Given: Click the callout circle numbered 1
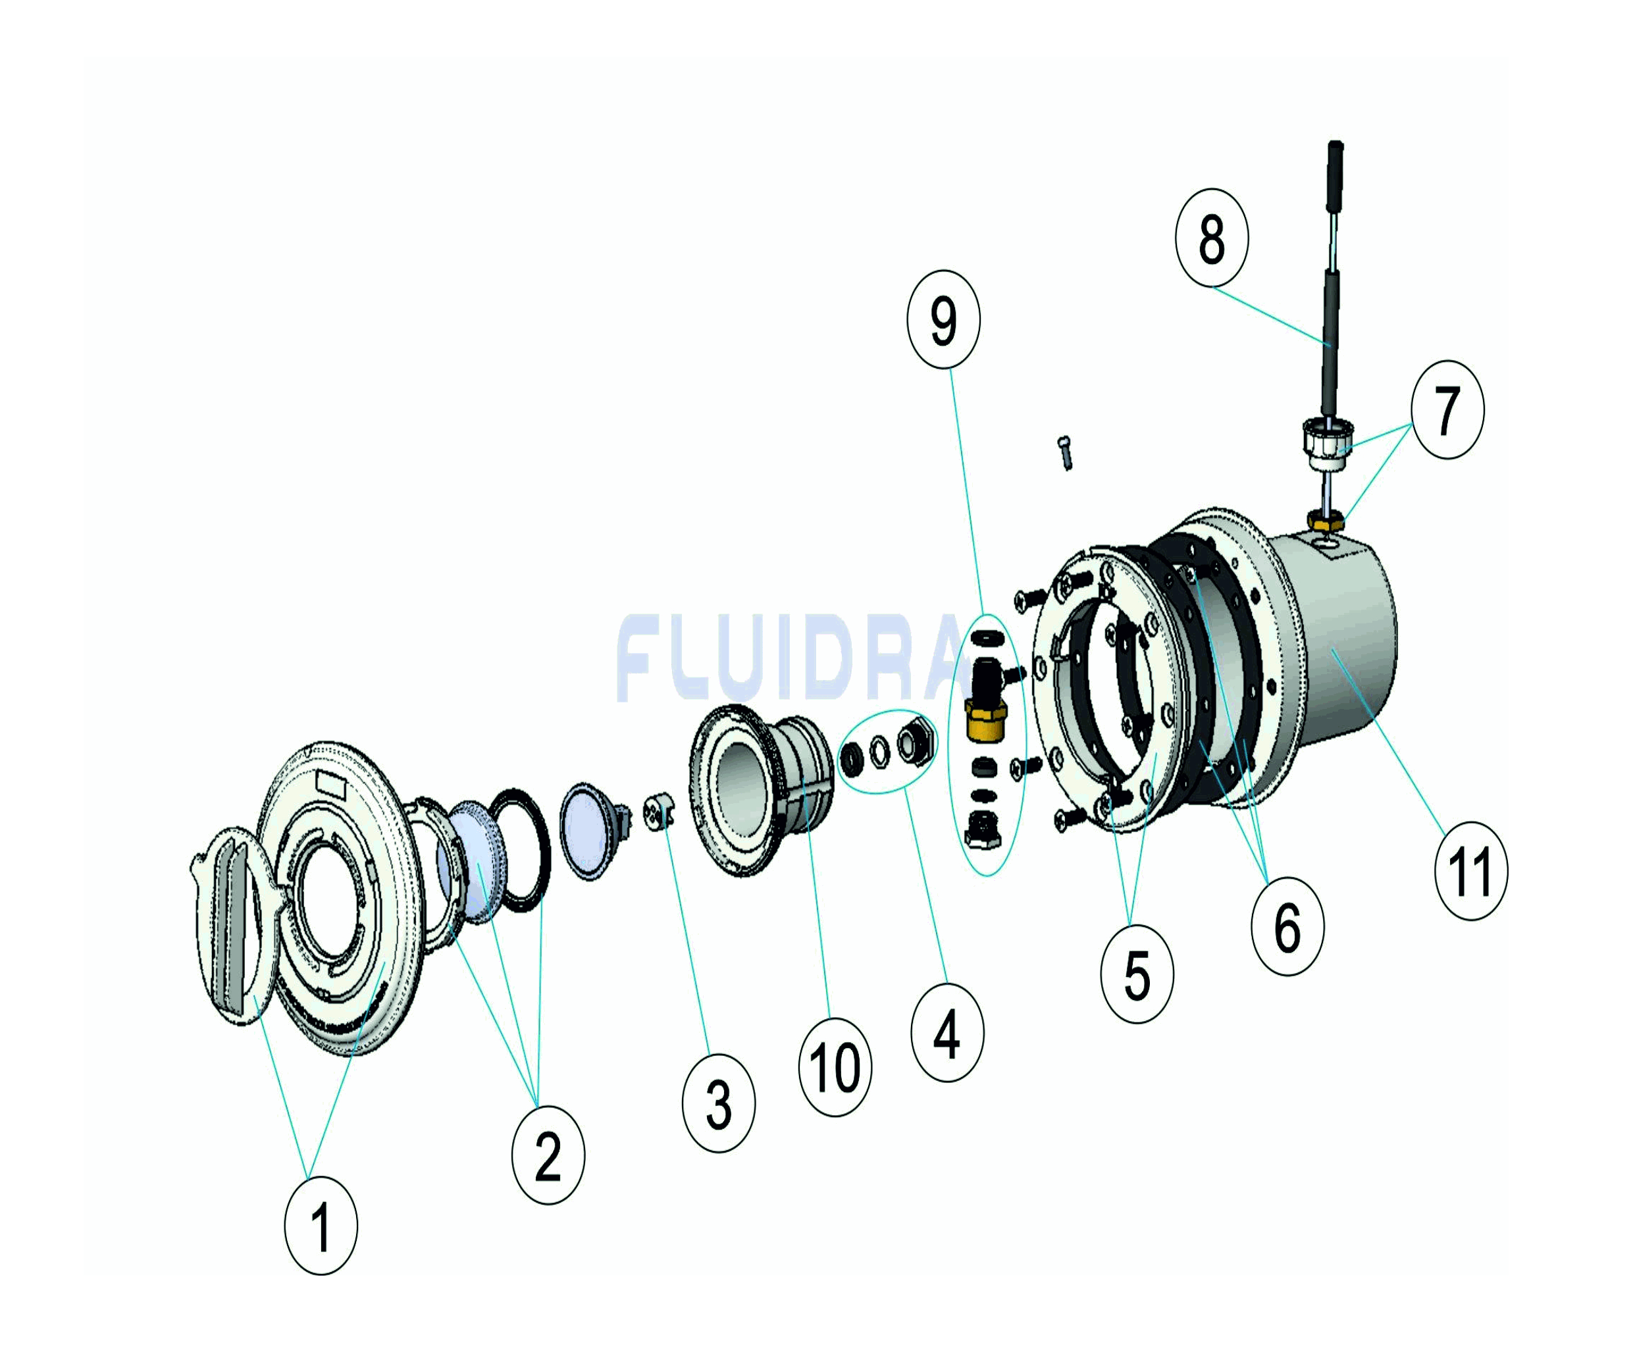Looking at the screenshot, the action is (x=321, y=1225).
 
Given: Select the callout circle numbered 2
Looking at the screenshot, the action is (x=548, y=1155).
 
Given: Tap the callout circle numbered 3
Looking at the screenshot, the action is (x=719, y=1103).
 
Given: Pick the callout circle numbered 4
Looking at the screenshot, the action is (x=947, y=1032).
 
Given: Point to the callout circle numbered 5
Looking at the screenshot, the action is (x=1137, y=975).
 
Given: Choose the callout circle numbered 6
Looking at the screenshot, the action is (x=1287, y=926).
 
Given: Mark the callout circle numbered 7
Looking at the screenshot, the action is (x=1447, y=409).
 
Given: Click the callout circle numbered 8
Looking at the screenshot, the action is (x=1212, y=237).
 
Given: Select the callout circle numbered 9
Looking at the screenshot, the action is (x=944, y=319).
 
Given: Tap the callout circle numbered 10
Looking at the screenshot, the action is (x=835, y=1066).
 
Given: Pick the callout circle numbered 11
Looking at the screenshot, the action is (x=1471, y=871).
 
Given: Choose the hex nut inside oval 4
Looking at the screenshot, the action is (x=912, y=742).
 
